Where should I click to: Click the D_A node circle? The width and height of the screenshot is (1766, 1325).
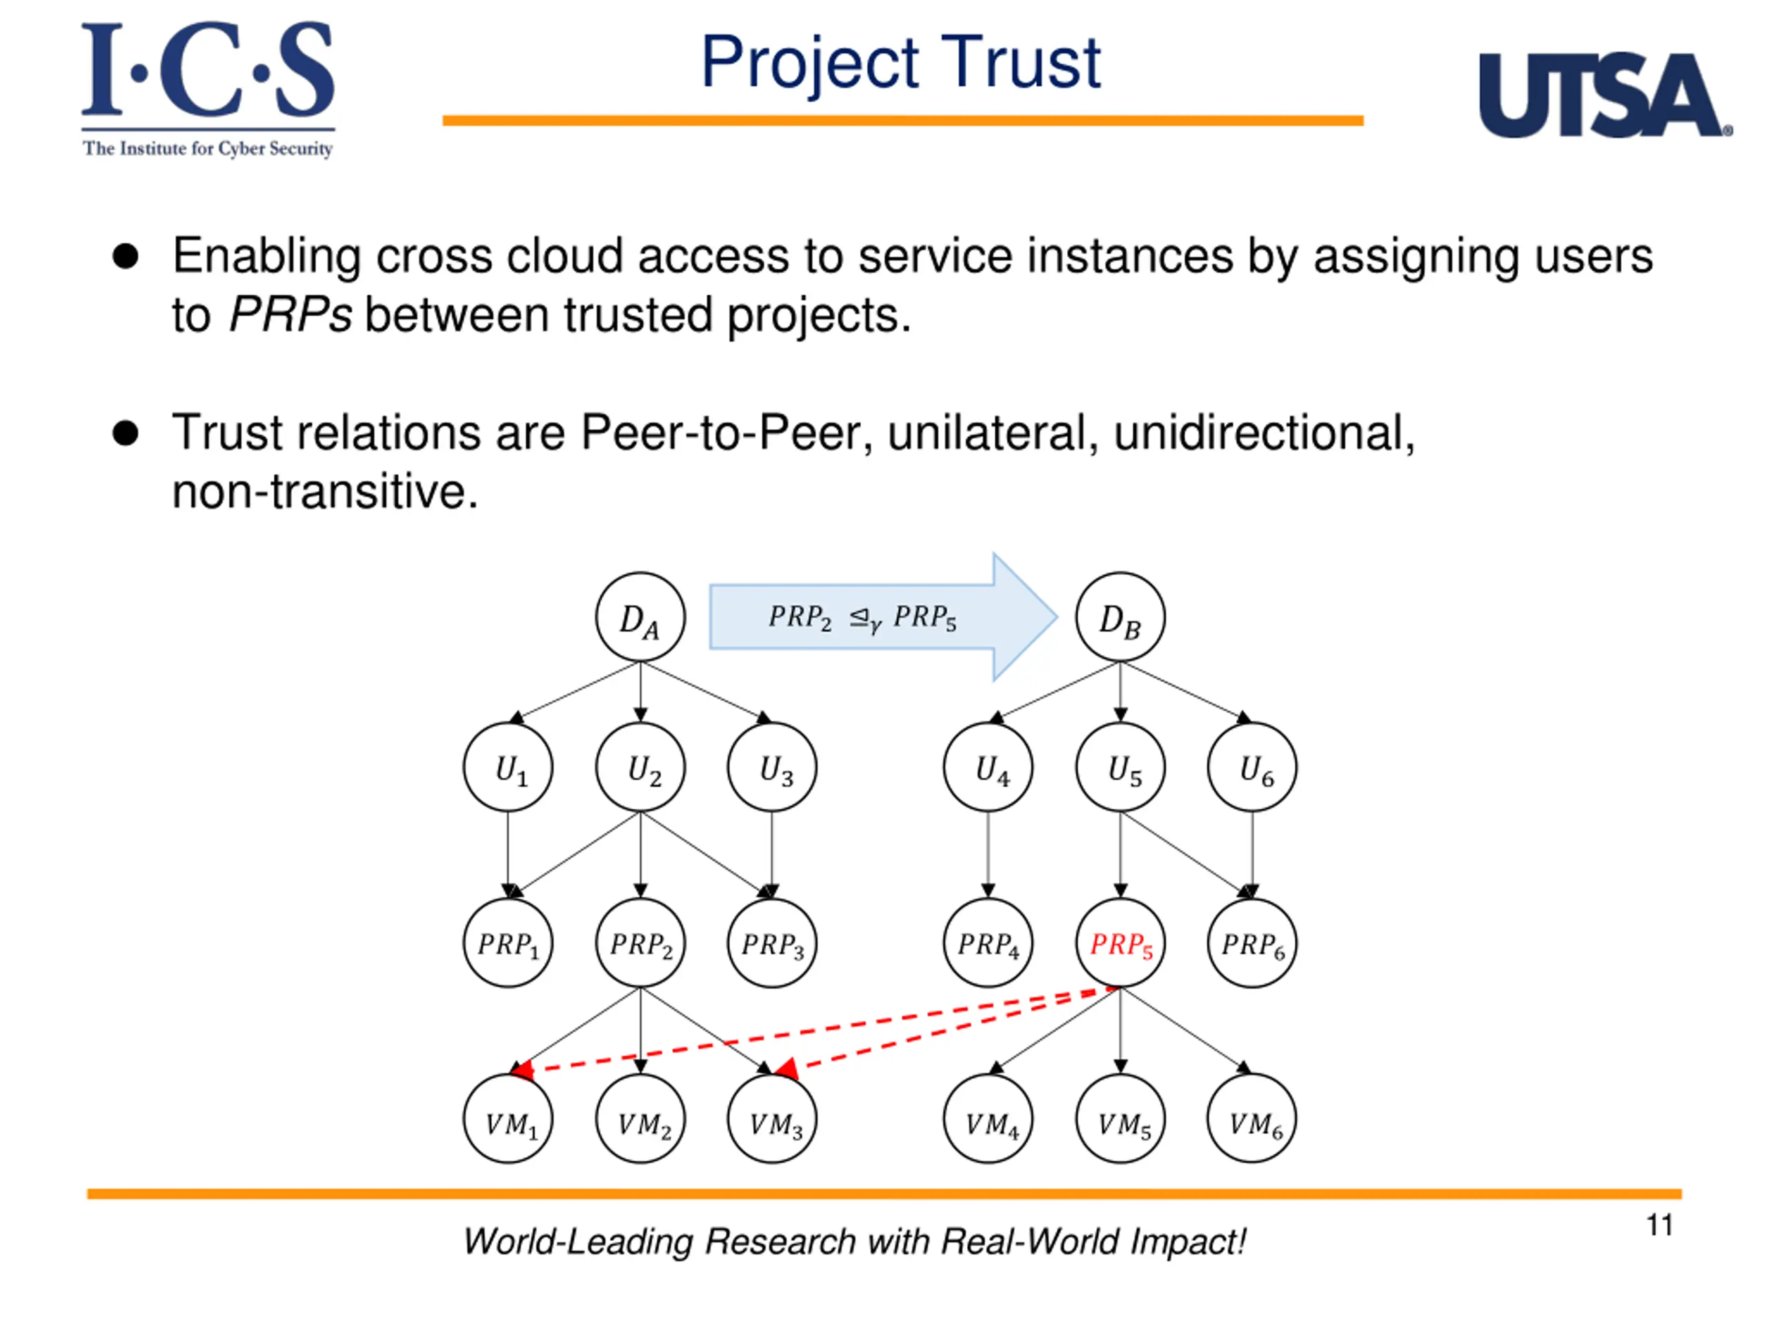(639, 616)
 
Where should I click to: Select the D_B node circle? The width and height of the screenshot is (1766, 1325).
(1120, 616)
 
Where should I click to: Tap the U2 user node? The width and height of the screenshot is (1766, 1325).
(639, 767)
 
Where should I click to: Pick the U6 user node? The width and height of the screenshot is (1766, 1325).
(1252, 767)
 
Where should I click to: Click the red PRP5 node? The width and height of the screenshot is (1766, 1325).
(1120, 943)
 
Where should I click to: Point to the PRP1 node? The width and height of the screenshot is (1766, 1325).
(508, 943)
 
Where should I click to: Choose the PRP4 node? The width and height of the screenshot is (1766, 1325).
(988, 943)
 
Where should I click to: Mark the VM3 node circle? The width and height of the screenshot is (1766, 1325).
(772, 1119)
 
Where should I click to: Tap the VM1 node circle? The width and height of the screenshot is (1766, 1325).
(508, 1119)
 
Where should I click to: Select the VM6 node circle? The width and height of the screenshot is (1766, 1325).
(1252, 1119)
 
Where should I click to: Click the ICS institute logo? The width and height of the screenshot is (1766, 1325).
(208, 88)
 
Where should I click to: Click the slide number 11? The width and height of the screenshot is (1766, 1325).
(1659, 1224)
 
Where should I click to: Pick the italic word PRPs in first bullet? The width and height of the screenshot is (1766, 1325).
(290, 315)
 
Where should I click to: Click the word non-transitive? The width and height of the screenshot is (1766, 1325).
(325, 491)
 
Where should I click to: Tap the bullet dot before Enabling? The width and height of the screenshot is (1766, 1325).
(126, 257)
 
